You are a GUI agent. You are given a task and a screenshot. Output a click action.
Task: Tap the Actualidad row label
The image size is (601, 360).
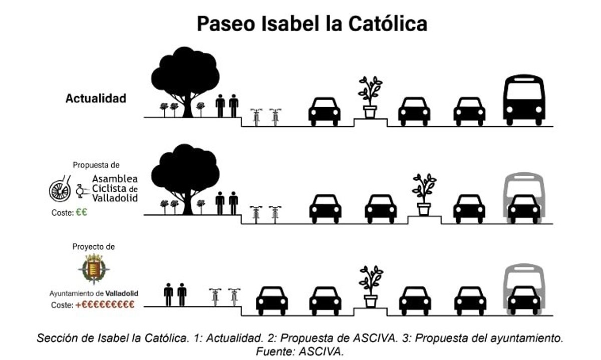pos(96,99)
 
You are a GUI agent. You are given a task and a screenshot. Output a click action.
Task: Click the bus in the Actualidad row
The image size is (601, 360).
pos(524,100)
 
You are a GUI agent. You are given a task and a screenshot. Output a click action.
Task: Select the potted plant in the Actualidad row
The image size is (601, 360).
pos(370,97)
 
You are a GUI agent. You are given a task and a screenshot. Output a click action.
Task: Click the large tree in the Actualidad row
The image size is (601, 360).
pos(185,82)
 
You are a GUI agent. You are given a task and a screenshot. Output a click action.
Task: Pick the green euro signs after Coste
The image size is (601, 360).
pos(82,212)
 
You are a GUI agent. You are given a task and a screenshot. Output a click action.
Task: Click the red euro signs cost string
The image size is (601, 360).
pos(105,305)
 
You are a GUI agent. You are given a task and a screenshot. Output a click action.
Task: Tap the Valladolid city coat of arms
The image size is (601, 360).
pos(94,269)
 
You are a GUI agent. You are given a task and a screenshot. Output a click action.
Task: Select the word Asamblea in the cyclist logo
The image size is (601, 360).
pos(115,179)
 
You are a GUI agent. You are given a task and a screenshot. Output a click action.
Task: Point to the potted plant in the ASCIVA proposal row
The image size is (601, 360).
pos(424,194)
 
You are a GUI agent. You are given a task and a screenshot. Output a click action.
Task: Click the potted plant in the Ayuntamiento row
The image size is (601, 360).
pos(371,286)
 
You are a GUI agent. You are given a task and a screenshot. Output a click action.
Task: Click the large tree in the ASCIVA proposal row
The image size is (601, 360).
pos(185,179)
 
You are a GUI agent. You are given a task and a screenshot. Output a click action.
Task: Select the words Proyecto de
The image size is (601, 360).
pos(94,247)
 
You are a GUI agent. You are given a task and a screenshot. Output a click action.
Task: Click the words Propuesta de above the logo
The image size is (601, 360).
pos(96,165)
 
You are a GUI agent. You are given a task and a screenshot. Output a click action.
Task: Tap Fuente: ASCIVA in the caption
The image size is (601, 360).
pos(299,351)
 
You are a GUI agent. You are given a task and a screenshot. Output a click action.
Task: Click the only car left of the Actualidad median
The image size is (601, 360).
pos(325,112)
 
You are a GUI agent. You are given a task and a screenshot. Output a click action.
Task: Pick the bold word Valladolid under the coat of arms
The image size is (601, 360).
pos(122,293)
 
